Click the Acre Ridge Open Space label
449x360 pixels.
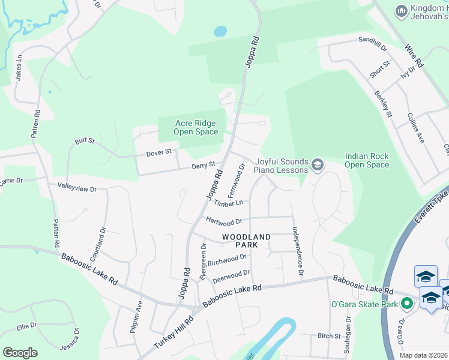coord(196,127)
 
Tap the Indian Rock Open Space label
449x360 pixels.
coord(367,160)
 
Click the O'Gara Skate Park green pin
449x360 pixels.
coord(407,304)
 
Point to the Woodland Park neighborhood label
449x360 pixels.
coord(248,241)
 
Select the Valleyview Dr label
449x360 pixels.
coord(77,188)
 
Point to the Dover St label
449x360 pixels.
coord(159,154)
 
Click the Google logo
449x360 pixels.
coord(20,352)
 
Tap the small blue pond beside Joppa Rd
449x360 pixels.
coord(220,31)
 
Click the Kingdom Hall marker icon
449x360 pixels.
coord(401,11)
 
